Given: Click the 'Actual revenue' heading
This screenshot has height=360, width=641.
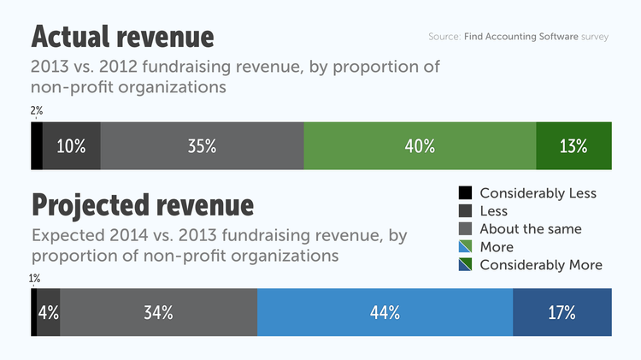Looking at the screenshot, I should tap(122, 38).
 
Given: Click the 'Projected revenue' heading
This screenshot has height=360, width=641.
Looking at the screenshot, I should tap(142, 205).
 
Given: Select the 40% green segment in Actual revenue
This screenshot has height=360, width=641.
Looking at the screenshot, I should tap(420, 146).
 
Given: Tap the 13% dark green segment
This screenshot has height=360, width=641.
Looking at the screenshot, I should tap(573, 146).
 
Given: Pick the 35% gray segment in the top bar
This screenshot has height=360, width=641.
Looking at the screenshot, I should tap(202, 146).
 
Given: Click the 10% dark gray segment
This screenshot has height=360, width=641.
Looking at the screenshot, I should tap(71, 146).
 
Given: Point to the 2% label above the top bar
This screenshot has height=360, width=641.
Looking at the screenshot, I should tap(36, 111).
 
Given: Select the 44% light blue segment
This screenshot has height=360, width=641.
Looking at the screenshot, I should tap(385, 312).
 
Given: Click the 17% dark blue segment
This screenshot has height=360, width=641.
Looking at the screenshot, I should tap(562, 312).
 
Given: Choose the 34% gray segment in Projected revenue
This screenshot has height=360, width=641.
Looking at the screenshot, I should tap(159, 312).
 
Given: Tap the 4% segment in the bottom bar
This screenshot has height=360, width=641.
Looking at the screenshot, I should tap(49, 312).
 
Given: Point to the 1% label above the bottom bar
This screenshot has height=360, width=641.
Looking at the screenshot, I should tap(34, 278).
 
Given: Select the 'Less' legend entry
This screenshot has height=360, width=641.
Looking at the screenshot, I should tap(493, 211).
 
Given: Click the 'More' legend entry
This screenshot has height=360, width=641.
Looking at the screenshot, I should tap(497, 247).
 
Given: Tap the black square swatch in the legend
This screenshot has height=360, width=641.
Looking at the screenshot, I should tap(465, 193).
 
